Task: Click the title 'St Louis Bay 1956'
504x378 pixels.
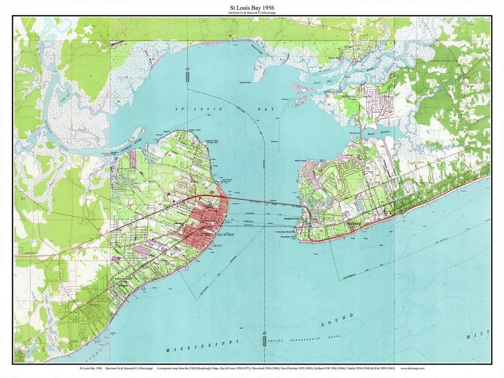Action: tap(252, 7)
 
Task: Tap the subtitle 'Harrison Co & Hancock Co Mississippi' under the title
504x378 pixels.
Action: tap(252, 13)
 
